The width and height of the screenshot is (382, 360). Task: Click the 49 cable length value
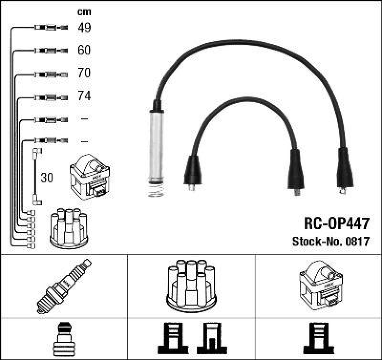pos(84,28)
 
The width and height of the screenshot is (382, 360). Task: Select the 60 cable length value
pos(84,50)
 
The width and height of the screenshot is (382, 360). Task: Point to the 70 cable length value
pos(84,73)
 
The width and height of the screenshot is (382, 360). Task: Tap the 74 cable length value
pos(84,96)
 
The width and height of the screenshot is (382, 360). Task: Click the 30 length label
pos(47,178)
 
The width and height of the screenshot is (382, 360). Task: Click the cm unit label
pos(84,12)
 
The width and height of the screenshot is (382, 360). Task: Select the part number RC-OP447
pos(336,223)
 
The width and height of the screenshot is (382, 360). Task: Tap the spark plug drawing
pos(64,286)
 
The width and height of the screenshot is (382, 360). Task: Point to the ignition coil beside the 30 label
pos(89,176)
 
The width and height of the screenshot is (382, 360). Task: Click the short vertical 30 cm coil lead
pos(35,177)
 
